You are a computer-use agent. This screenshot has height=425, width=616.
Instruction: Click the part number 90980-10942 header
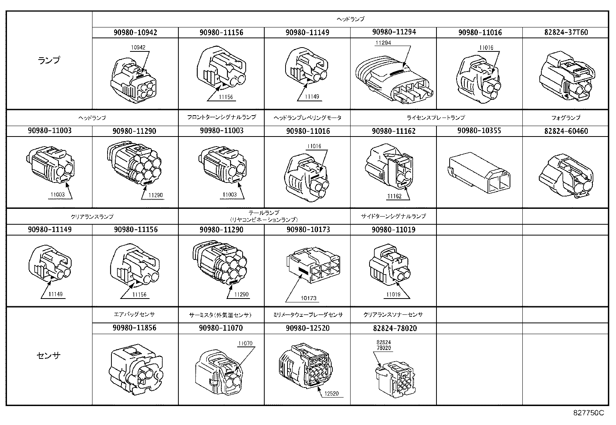[x=135, y=32]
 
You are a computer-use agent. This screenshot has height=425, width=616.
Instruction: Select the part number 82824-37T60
[x=565, y=32]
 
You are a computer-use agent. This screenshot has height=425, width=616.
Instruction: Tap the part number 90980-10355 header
[x=479, y=131]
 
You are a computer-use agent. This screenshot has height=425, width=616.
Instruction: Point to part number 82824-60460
[x=565, y=131]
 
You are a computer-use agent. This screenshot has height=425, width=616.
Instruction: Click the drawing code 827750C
[x=588, y=413]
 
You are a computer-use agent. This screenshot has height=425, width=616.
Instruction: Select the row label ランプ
[x=49, y=60]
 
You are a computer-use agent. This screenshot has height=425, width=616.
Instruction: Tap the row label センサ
[x=49, y=356]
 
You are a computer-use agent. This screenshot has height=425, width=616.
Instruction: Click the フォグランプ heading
[x=565, y=118]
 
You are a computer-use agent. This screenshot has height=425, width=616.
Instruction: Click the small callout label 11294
[x=382, y=43]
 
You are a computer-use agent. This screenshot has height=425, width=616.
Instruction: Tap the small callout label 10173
[x=308, y=298]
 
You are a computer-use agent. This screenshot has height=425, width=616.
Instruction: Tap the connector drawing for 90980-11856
[x=135, y=370]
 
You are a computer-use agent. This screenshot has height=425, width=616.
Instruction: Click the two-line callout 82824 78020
[x=383, y=345]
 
